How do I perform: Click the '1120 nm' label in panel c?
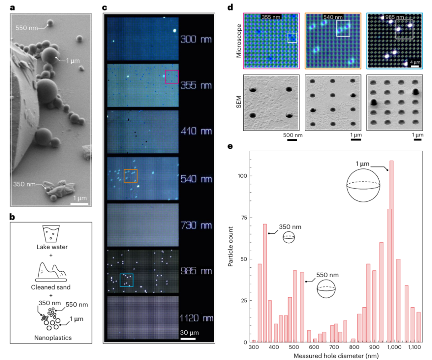coord(196,318)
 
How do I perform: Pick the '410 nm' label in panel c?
coord(196,132)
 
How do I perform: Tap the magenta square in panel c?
coord(172,76)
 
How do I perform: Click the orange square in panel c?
coord(131,175)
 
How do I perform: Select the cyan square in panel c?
coord(126,280)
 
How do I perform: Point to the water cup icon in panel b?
coord(50,233)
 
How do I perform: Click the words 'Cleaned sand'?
coord(50,288)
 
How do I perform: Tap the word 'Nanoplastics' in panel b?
coord(50,338)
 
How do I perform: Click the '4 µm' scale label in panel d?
coord(414,62)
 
